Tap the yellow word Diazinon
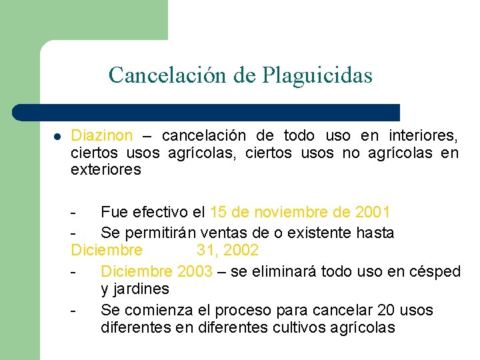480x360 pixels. tap(102, 136)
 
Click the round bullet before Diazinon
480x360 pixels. tap(58, 137)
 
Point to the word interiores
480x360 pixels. tap(423, 136)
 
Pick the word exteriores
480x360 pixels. tap(106, 169)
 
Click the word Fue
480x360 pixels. tap(113, 213)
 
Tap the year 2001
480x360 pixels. tap(373, 213)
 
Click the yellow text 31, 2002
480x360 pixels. tap(227, 251)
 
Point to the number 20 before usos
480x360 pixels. tap(386, 310)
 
